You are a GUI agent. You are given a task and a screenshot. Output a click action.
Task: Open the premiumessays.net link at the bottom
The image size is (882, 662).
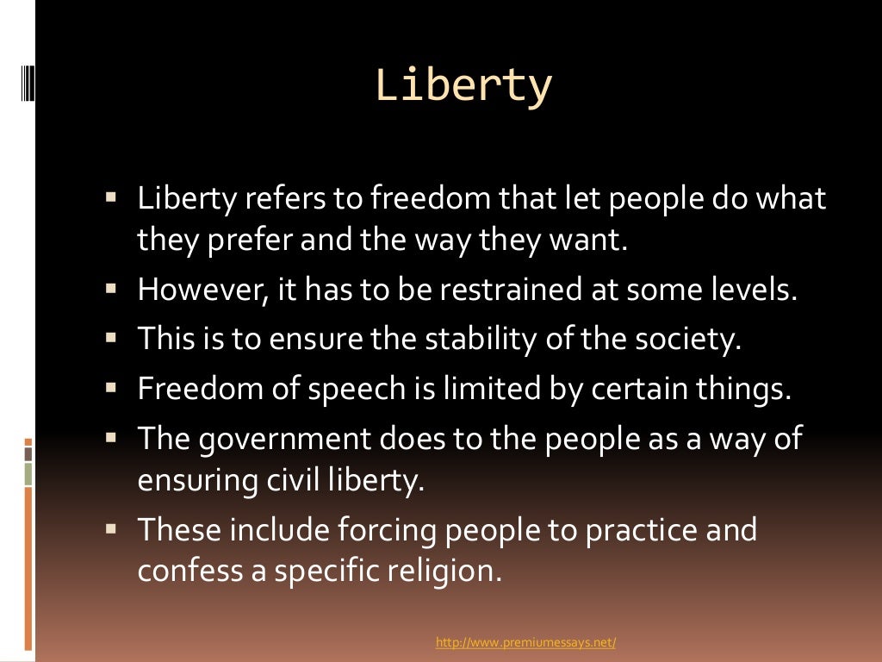click(x=525, y=642)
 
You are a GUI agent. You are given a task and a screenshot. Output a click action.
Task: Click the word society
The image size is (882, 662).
click(x=691, y=339)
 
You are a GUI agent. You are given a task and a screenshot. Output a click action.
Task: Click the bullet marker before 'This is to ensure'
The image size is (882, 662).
click(x=111, y=340)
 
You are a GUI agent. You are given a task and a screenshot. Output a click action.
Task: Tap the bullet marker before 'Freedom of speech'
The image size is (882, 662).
click(x=111, y=390)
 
